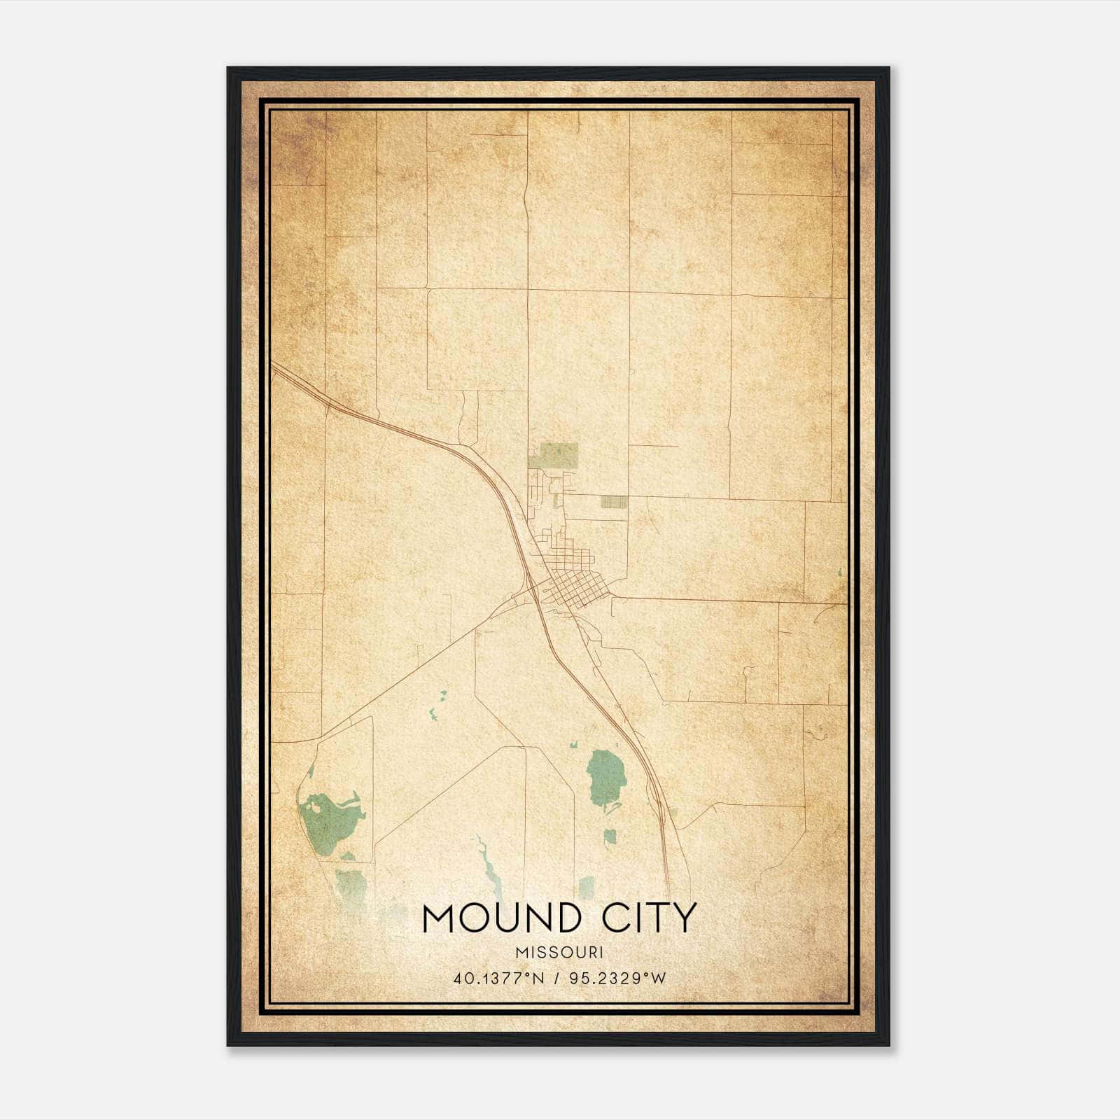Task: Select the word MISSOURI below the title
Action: [x=559, y=953]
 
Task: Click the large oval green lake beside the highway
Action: [x=599, y=777]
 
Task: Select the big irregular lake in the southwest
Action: [x=329, y=815]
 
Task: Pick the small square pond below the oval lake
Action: [x=610, y=835]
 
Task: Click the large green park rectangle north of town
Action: [x=553, y=455]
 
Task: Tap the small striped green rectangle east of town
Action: [x=614, y=501]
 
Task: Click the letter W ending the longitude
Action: [x=659, y=978]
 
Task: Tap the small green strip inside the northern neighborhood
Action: [x=557, y=501]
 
